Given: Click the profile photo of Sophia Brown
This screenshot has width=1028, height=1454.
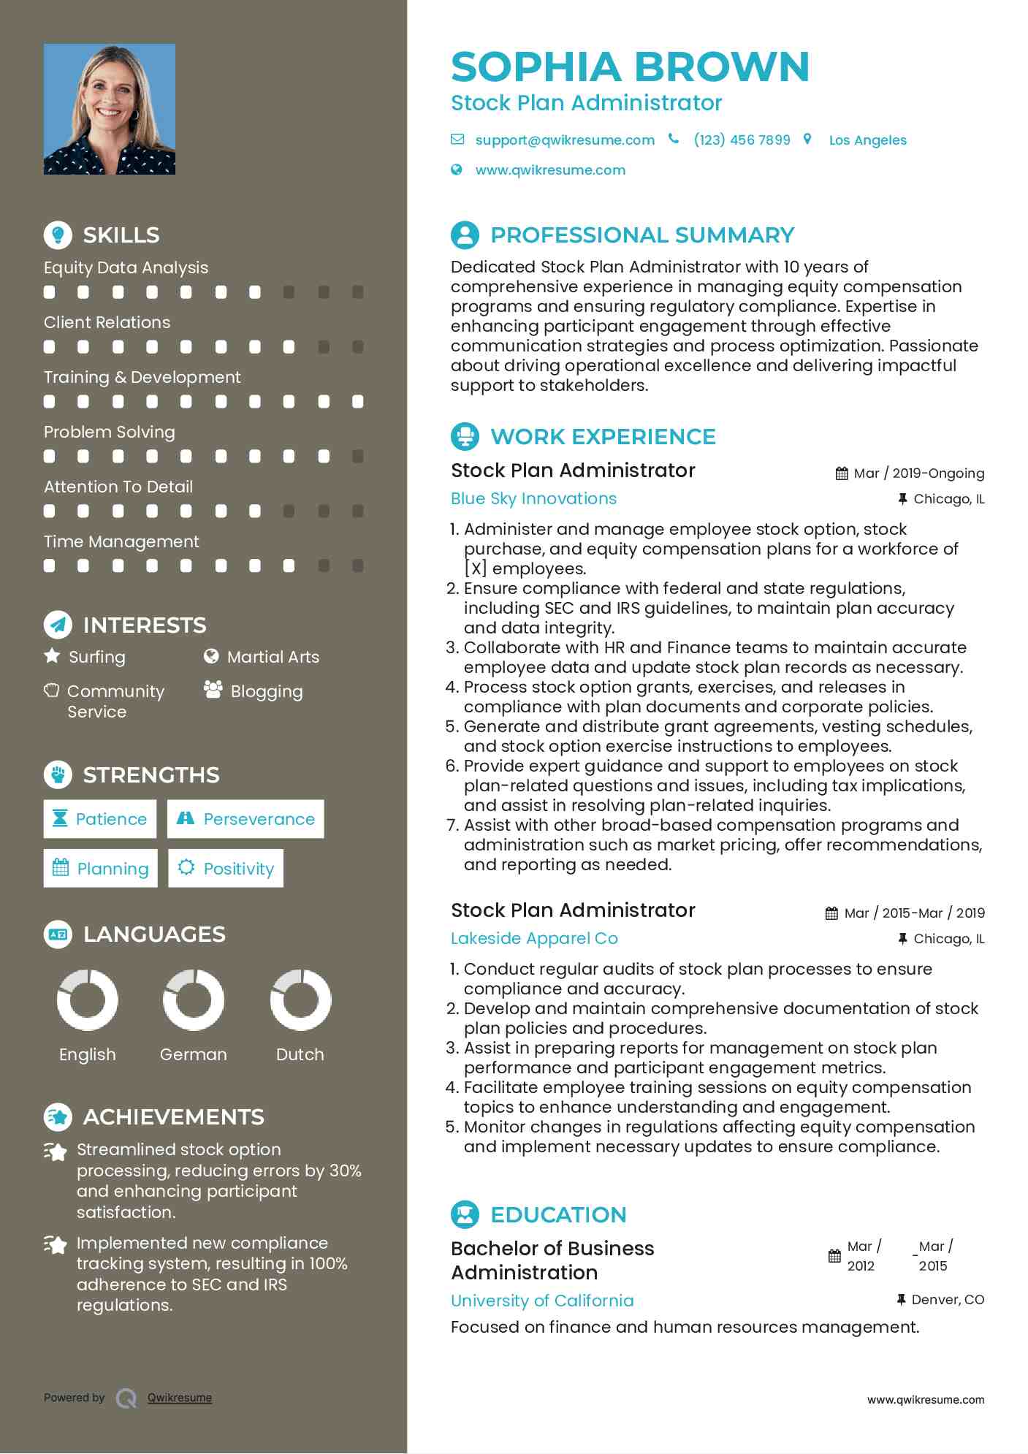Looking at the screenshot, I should [x=110, y=109].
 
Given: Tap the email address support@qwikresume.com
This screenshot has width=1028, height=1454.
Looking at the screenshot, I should [x=564, y=140].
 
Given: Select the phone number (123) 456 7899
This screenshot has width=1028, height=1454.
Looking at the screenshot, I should [x=742, y=140].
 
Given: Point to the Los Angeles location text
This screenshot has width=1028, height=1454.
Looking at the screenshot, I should [x=867, y=140].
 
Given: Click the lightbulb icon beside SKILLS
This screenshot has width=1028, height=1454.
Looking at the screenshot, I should [x=58, y=235].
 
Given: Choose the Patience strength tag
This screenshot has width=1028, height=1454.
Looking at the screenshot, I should [x=100, y=819].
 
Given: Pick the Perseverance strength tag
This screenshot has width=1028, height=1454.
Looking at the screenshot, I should [x=245, y=819].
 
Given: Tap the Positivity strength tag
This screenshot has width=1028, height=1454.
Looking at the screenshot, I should [x=226, y=869].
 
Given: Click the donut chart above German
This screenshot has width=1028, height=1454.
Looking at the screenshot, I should [x=194, y=1000].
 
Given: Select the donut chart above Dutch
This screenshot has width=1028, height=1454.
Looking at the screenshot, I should [x=300, y=1000].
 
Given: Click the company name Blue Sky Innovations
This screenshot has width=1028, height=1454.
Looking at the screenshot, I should [x=533, y=499].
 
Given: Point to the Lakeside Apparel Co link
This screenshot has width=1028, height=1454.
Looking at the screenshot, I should [x=534, y=939].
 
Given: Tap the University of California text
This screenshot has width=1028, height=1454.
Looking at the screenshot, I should [x=542, y=1301].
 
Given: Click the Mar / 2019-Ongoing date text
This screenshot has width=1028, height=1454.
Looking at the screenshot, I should [x=918, y=473].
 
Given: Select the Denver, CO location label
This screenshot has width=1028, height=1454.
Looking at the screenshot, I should [x=948, y=1300].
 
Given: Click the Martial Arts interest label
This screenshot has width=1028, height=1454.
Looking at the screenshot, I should [x=273, y=658].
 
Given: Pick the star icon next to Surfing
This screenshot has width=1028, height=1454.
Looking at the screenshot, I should [x=52, y=656].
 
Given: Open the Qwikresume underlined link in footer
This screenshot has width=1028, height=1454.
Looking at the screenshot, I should [x=180, y=1398].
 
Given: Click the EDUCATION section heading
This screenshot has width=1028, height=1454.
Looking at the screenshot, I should [x=558, y=1215].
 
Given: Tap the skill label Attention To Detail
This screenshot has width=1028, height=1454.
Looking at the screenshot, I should [x=118, y=487].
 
